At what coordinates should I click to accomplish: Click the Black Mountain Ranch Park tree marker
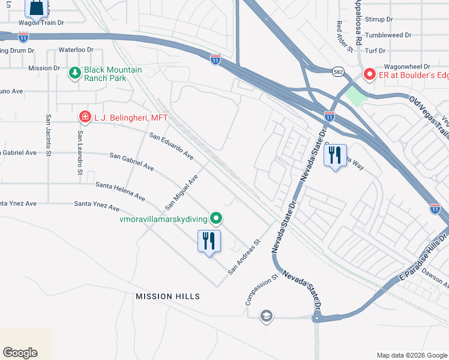75,73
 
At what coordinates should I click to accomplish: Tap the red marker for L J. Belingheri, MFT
85,117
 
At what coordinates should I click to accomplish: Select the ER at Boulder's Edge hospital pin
369,74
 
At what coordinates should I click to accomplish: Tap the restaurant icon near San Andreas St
209,241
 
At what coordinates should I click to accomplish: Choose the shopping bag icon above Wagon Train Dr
37,8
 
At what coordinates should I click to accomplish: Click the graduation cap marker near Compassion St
267,316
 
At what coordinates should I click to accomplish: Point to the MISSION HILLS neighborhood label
167,296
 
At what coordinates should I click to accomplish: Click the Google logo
20,353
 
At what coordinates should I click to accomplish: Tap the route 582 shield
339,71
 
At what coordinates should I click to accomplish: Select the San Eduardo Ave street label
171,146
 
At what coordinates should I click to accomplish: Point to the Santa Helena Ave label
120,192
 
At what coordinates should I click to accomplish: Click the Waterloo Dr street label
76,50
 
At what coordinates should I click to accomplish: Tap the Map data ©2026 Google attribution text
411,355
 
